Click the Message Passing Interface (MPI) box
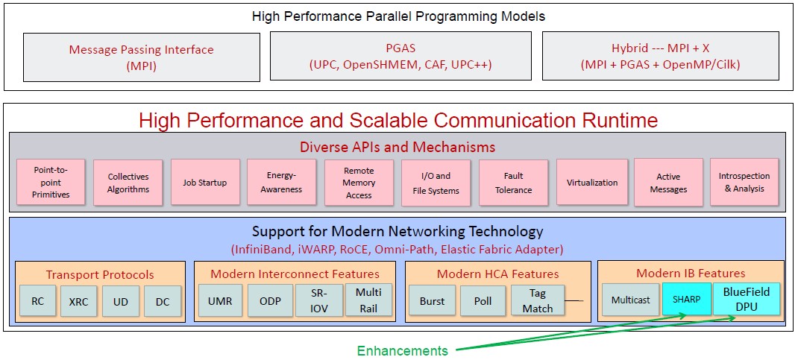(x=142, y=57)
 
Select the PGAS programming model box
(x=400, y=56)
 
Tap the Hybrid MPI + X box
(x=661, y=56)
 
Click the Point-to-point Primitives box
(x=51, y=182)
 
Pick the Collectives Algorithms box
(x=128, y=183)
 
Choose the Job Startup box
(x=205, y=182)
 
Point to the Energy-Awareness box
(x=281, y=182)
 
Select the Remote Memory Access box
(x=359, y=183)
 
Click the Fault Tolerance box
(x=514, y=183)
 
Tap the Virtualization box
(x=592, y=182)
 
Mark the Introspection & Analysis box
(x=744, y=182)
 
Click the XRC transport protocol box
(x=78, y=301)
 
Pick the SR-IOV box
(x=319, y=300)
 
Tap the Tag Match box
(x=538, y=300)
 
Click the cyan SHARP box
(x=687, y=299)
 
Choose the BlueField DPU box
(x=746, y=299)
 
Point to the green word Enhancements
(x=402, y=351)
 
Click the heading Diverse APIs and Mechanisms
(x=398, y=148)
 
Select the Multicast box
(x=631, y=300)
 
